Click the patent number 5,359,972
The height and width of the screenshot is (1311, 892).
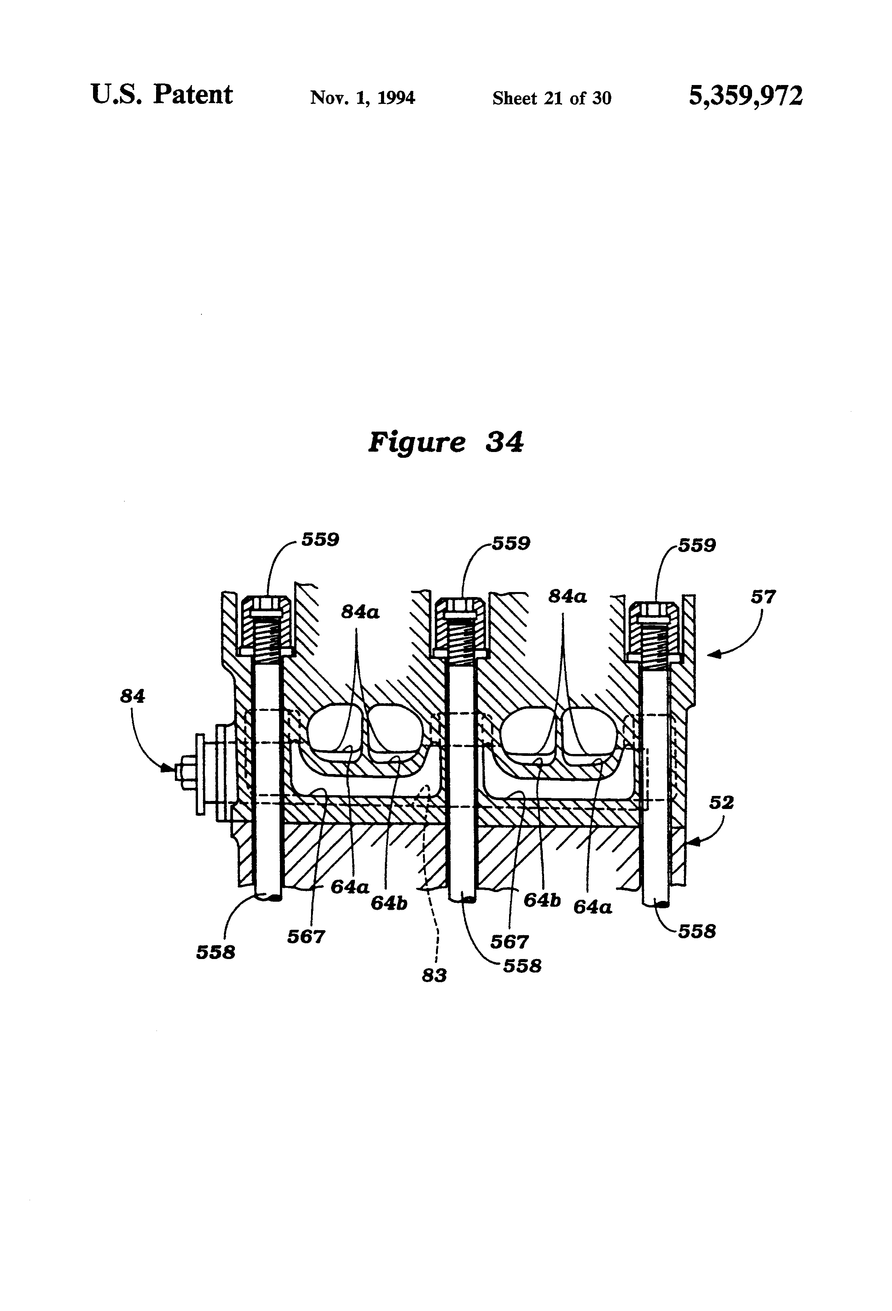[746, 96]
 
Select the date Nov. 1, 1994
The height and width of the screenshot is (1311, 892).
[363, 98]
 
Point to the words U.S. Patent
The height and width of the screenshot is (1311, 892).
[162, 95]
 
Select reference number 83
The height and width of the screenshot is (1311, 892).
[434, 975]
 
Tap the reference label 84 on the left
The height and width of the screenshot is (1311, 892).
[133, 697]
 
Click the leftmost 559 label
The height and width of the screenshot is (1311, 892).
[320, 540]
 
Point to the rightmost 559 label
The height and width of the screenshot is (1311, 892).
[697, 545]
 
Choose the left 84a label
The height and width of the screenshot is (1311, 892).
[360, 612]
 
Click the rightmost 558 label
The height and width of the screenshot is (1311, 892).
[697, 931]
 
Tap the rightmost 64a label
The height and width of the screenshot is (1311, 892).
[592, 907]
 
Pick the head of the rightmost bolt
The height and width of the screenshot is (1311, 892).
[656, 611]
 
